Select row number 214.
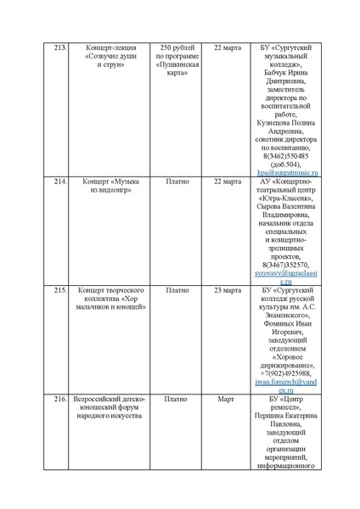[x=60, y=182]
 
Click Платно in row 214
[x=177, y=182]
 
